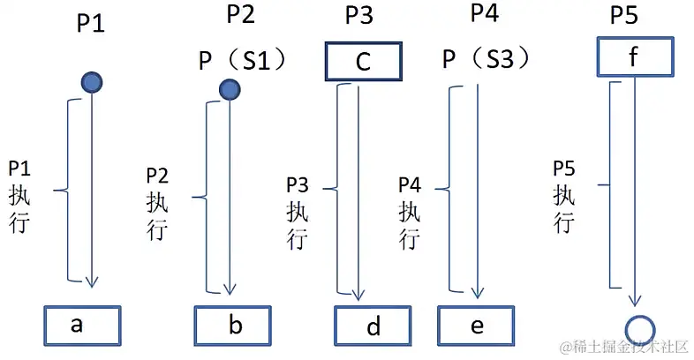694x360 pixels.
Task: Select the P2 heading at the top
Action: (241, 15)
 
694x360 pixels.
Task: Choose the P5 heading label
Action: (625, 18)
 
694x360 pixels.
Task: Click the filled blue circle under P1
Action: (92, 83)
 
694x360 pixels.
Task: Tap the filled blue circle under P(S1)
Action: (230, 88)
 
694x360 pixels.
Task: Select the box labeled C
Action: (364, 62)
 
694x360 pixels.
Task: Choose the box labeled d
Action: (372, 326)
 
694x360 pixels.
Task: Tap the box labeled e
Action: (475, 326)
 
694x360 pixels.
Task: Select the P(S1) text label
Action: (240, 60)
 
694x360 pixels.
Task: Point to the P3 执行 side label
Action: (298, 211)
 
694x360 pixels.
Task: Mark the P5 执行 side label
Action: (564, 195)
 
